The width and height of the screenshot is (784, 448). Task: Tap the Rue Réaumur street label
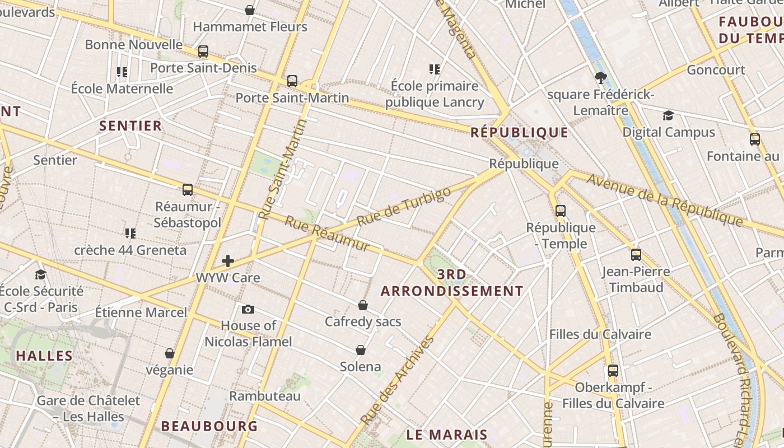(327, 234)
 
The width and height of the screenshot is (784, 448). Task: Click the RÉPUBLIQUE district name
(519, 133)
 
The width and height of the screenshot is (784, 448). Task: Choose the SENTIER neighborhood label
(130, 126)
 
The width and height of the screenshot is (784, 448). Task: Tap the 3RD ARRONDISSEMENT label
(452, 283)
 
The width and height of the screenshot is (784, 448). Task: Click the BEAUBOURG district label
(209, 426)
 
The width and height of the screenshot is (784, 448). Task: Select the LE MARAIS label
(447, 435)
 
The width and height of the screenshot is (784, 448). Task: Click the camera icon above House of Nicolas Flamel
(248, 309)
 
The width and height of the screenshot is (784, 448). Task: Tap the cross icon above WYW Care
(228, 261)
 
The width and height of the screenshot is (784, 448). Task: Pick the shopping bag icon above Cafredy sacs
(363, 305)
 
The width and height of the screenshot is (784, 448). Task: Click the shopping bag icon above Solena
(361, 350)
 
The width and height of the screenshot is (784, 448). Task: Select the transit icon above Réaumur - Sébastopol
(188, 190)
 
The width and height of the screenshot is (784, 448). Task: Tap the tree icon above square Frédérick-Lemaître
(601, 78)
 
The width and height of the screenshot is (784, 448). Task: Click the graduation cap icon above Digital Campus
(668, 116)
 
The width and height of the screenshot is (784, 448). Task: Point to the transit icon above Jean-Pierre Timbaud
(636, 255)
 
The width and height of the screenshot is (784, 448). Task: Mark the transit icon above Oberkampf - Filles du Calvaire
(613, 371)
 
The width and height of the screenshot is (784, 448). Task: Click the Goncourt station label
(716, 70)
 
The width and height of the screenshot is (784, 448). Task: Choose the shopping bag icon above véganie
(170, 353)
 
